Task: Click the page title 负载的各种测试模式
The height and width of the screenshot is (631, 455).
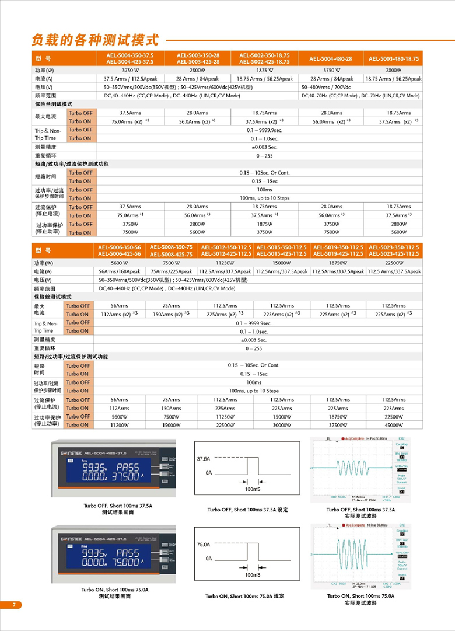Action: click(95, 40)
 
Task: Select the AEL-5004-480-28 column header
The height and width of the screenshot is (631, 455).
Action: click(331, 59)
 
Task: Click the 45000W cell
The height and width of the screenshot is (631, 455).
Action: click(394, 425)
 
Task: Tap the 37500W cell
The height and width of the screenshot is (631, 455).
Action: click(338, 425)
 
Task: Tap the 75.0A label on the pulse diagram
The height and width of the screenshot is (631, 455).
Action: click(202, 545)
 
